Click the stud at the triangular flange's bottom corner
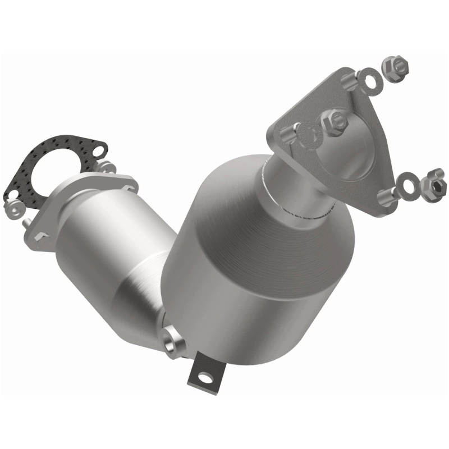pos(387,196)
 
